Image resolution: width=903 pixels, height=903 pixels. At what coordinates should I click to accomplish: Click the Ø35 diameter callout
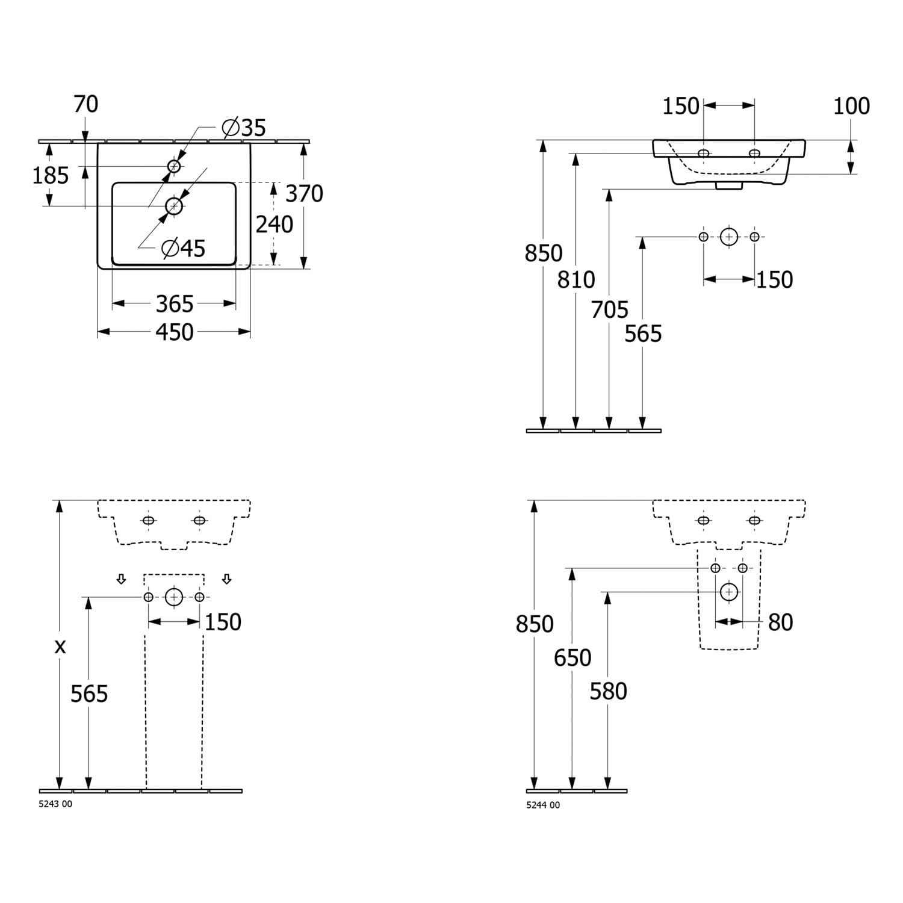pyautogui.click(x=243, y=128)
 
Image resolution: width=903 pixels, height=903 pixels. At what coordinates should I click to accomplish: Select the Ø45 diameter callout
pyautogui.click(x=184, y=248)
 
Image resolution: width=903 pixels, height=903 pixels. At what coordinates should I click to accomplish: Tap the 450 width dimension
pyautogui.click(x=175, y=332)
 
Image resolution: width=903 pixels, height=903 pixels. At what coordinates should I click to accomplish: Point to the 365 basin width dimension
pyautogui.click(x=175, y=304)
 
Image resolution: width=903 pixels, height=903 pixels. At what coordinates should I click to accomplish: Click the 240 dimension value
pyautogui.click(x=275, y=225)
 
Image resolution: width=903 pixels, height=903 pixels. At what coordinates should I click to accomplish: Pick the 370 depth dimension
pyautogui.click(x=304, y=194)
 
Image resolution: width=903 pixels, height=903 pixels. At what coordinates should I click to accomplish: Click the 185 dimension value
pyautogui.click(x=51, y=176)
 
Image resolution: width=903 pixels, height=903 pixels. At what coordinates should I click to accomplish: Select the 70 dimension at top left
pyautogui.click(x=85, y=104)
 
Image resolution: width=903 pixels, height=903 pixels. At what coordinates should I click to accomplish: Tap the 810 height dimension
pyautogui.click(x=576, y=279)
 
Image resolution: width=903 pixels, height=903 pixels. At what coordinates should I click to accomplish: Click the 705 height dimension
pyautogui.click(x=610, y=310)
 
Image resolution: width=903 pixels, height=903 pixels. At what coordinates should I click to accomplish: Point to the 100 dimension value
pyautogui.click(x=851, y=106)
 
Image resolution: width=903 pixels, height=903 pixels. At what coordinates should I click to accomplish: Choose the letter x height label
pyautogui.click(x=60, y=647)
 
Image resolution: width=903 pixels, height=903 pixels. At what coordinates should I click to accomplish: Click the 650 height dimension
pyautogui.click(x=573, y=658)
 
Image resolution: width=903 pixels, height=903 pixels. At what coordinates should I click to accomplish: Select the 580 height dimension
pyautogui.click(x=608, y=692)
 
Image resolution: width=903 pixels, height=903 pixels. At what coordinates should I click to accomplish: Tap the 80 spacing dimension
pyautogui.click(x=781, y=622)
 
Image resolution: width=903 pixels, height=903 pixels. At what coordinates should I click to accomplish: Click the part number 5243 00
pyautogui.click(x=55, y=804)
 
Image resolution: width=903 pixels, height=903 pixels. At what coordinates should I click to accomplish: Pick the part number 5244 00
pyautogui.click(x=543, y=805)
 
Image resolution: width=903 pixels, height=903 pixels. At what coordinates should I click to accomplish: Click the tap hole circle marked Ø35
pyautogui.click(x=174, y=166)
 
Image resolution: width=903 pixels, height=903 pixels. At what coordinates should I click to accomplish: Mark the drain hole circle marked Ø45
pyautogui.click(x=174, y=206)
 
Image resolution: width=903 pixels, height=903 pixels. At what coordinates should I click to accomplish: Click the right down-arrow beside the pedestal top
pyautogui.click(x=226, y=579)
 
